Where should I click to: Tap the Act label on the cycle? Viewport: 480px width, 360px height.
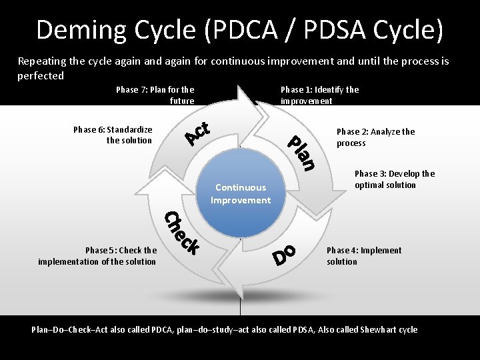click(198, 132)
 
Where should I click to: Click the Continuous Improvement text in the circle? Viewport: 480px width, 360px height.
click(241, 194)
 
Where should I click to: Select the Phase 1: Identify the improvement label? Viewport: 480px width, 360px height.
click(319, 95)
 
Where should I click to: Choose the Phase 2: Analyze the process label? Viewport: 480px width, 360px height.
click(375, 137)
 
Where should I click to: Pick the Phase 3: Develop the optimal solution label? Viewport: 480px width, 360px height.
click(395, 179)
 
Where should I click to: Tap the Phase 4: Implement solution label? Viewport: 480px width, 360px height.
click(364, 256)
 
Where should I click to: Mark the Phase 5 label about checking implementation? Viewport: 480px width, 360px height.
click(97, 256)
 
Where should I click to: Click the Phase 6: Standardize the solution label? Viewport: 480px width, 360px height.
click(113, 135)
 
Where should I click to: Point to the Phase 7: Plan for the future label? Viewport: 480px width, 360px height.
click(155, 95)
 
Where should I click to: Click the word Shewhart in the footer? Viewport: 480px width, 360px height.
click(379, 329)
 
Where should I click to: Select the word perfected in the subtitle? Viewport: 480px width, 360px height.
click(41, 76)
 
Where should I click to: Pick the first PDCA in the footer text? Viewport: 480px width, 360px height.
click(163, 329)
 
